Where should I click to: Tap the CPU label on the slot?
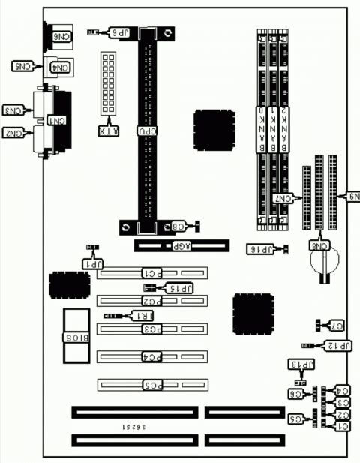148,131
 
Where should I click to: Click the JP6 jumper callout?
121,33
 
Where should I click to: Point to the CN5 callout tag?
24,66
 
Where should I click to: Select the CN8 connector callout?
319,244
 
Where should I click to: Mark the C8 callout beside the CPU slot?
179,225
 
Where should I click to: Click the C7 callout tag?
337,325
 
